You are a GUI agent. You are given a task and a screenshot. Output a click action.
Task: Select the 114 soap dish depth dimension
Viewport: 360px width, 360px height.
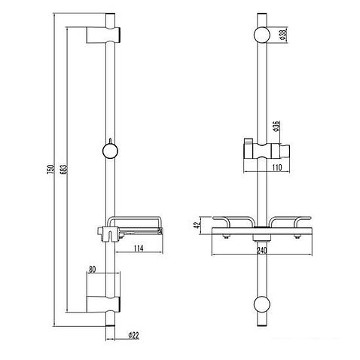(139, 249)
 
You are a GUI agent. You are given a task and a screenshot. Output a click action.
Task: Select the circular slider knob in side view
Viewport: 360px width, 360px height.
(111, 151)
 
